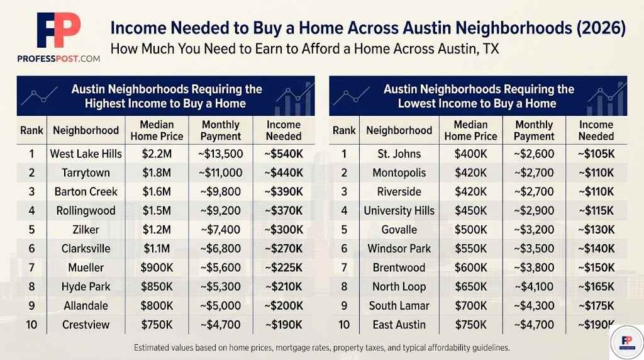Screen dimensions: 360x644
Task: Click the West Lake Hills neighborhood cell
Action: coord(86,154)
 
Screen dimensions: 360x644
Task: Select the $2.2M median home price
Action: coord(157,154)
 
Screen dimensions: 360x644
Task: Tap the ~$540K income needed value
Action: coord(284,154)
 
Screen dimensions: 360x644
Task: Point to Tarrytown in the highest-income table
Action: coord(86,172)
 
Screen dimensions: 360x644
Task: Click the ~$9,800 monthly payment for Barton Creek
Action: coord(220,191)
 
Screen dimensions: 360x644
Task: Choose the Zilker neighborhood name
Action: coord(86,230)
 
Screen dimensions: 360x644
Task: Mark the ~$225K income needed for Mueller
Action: coord(284,267)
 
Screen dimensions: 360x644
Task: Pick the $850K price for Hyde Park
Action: coord(157,287)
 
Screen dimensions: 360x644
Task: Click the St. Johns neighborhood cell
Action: coord(399,154)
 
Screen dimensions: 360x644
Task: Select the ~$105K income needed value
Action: coord(596,154)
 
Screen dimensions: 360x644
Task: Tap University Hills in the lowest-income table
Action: coord(399,211)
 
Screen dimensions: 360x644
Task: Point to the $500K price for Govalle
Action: coord(470,230)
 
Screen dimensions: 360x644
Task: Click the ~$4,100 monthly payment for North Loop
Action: coord(533,287)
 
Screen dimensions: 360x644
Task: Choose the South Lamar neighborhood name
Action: coord(399,306)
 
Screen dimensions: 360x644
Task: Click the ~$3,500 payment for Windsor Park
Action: coord(533,249)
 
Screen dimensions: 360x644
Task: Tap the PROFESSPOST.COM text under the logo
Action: coord(58,59)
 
